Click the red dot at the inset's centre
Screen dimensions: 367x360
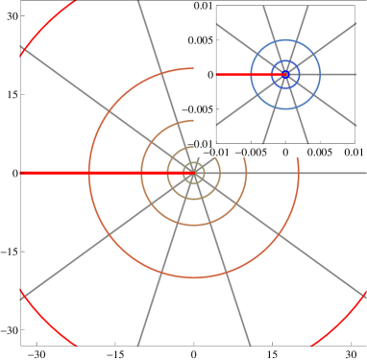pos(285,74)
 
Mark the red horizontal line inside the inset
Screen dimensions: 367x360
pos(235,74)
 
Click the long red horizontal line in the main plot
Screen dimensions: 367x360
pos(96,173)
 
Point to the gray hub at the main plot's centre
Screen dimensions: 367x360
pos(194,173)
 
